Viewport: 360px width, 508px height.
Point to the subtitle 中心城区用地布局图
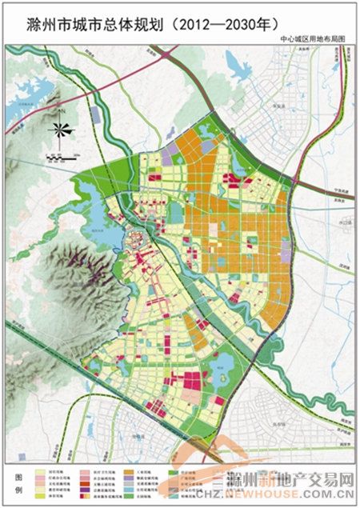point(313,38)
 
